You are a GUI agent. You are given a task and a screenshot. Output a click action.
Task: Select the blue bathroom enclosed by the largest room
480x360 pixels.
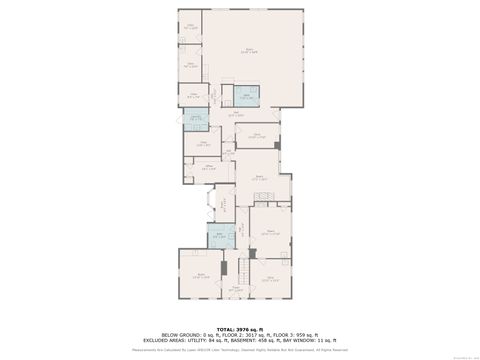247,96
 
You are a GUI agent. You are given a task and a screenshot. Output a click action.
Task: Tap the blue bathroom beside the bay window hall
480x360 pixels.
215,238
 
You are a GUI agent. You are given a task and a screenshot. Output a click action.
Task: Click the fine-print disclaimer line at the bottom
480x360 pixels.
239,349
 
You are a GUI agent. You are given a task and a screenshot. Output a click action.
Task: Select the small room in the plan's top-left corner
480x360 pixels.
190,26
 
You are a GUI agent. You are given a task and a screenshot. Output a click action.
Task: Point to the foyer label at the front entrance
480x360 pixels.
237,290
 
